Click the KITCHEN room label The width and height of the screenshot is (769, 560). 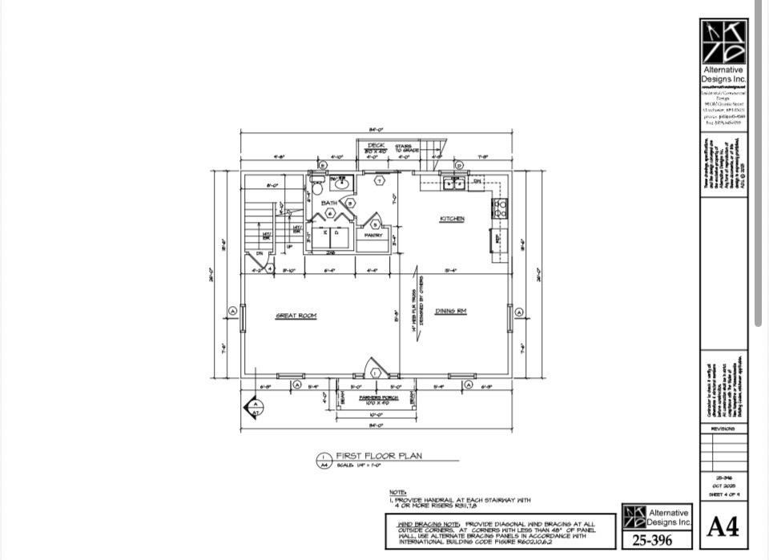click(x=452, y=219)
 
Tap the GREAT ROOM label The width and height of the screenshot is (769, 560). click(x=296, y=316)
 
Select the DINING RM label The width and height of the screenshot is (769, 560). click(x=451, y=311)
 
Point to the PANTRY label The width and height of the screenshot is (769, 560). click(x=373, y=236)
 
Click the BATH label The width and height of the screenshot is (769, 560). click(x=328, y=203)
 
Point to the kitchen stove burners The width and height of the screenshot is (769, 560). click(x=500, y=208)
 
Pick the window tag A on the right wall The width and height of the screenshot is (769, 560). click(x=519, y=312)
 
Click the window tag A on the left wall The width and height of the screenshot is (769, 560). click(x=232, y=310)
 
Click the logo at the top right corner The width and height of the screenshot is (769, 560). click(x=723, y=42)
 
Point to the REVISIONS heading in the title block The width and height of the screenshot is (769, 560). click(x=723, y=429)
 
